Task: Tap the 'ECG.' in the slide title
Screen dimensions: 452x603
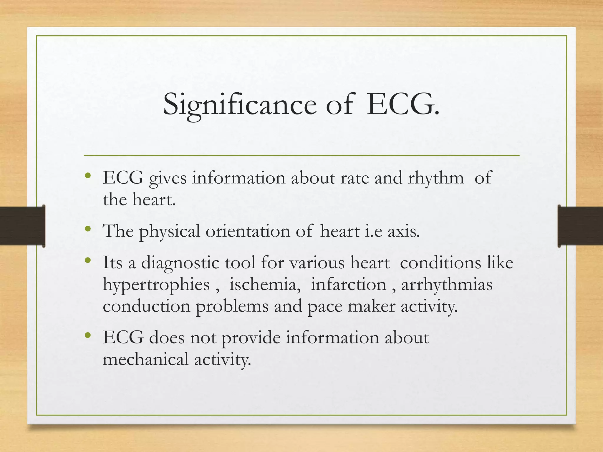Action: click(x=402, y=105)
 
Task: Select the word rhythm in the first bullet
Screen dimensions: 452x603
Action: click(x=436, y=178)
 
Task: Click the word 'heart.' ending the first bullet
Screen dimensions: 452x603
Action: click(x=154, y=200)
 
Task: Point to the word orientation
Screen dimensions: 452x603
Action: click(x=248, y=231)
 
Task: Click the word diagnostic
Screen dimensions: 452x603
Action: click(x=180, y=262)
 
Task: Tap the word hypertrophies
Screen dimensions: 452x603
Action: click(x=156, y=285)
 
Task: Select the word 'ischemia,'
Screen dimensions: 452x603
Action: click(x=265, y=285)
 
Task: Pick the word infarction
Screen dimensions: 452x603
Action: click(x=349, y=285)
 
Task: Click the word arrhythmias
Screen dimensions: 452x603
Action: click(x=447, y=285)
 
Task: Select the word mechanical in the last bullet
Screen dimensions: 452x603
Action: click(x=145, y=360)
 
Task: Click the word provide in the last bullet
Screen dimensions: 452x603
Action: click(x=251, y=338)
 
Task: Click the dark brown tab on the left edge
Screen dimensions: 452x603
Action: click(x=22, y=226)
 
